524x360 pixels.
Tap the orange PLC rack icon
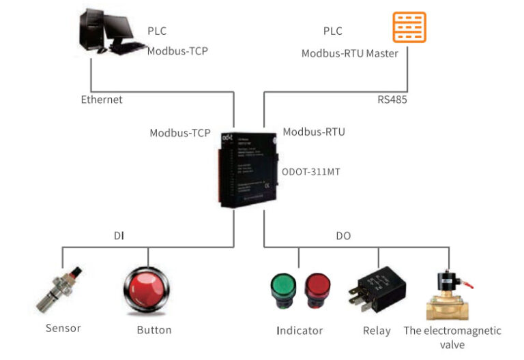pyautogui.click(x=409, y=27)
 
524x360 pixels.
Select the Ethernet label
pyautogui.click(x=102, y=100)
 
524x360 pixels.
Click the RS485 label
pyautogui.click(x=394, y=100)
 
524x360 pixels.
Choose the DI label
pyautogui.click(x=119, y=236)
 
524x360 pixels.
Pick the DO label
pyautogui.click(x=343, y=236)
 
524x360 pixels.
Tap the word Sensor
pyautogui.click(x=63, y=328)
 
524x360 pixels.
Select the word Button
pyautogui.click(x=154, y=330)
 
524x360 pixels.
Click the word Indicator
pyautogui.click(x=300, y=331)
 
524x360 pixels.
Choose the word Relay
pyautogui.click(x=377, y=331)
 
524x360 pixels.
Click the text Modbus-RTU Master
pyautogui.click(x=349, y=53)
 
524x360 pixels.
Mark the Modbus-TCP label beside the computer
pyautogui.click(x=178, y=50)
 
